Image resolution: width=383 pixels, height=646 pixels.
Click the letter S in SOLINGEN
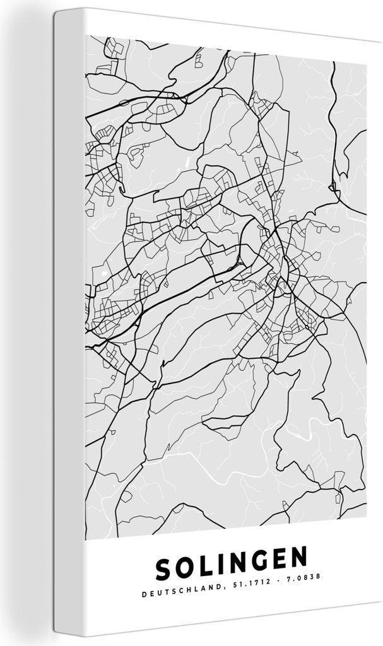coord(165,570)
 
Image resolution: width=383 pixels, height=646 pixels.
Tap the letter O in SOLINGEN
coord(186,568)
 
